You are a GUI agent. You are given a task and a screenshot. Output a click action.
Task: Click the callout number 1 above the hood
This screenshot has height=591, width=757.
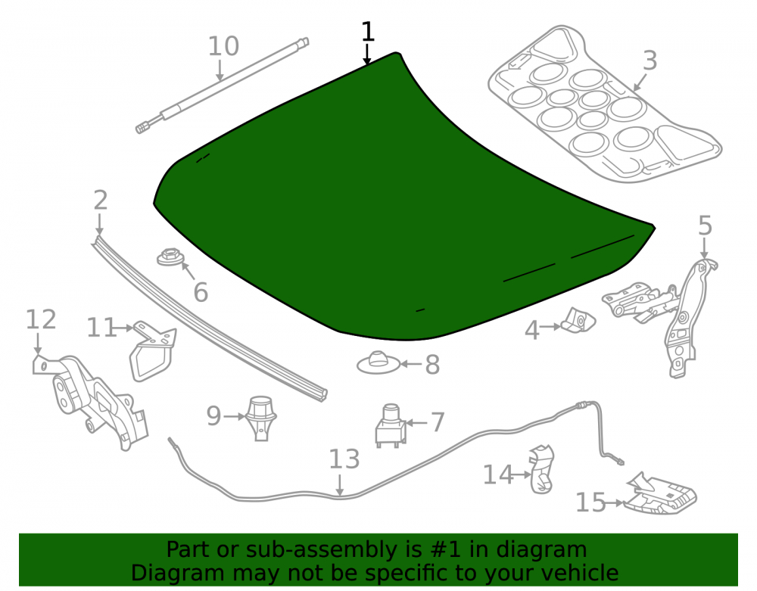tap(368, 32)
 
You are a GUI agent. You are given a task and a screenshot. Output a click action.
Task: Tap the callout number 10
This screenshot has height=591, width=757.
tap(223, 46)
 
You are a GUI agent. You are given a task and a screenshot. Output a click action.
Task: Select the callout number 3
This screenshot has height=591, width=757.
tap(650, 61)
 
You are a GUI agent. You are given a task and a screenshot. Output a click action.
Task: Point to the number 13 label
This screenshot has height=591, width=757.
tap(344, 459)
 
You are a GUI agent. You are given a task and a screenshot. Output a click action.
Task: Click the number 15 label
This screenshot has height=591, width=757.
tap(590, 502)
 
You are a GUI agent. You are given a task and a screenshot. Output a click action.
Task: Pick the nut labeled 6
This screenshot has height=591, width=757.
tap(170, 257)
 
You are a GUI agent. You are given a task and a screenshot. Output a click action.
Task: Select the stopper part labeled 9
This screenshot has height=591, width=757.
tap(261, 418)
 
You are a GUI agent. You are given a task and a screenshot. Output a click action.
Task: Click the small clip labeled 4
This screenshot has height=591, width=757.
tap(578, 320)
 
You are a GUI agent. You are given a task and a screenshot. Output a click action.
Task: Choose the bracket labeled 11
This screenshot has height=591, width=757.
tap(153, 350)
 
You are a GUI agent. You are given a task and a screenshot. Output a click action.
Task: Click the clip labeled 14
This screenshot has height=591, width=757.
tap(542, 469)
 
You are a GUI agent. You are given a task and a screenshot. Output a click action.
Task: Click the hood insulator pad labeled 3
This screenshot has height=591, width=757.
tap(604, 104)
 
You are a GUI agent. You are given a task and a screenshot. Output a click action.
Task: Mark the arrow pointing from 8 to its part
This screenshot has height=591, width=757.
tap(411, 364)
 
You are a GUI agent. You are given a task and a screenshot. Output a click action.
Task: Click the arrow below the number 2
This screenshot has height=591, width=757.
tap(99, 225)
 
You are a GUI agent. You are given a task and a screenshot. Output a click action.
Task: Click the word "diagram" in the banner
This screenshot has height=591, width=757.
tap(542, 550)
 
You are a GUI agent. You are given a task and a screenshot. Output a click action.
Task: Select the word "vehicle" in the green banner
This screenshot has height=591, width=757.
tap(581, 573)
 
